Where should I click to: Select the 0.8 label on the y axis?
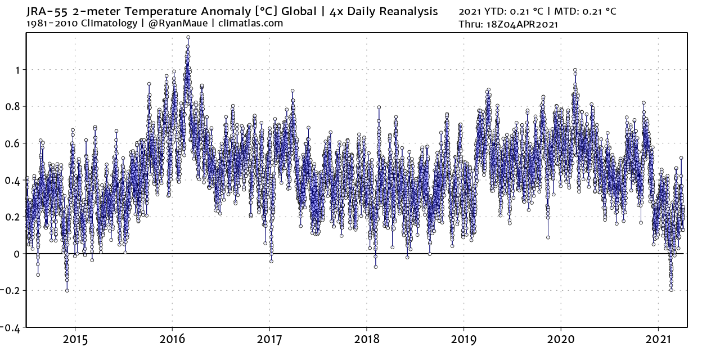13,106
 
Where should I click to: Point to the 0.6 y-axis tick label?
13,143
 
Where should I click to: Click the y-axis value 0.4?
13,180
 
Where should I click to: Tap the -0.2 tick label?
12,291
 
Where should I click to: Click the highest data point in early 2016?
188,38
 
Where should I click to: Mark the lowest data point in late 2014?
67,290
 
